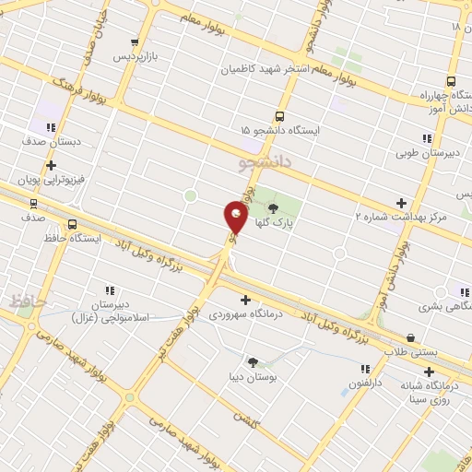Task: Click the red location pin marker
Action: click(x=236, y=218)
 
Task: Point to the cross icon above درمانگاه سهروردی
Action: click(x=245, y=300)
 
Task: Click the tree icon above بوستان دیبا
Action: click(x=253, y=361)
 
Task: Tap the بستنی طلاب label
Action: click(x=410, y=352)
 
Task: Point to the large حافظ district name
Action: click(x=28, y=301)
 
